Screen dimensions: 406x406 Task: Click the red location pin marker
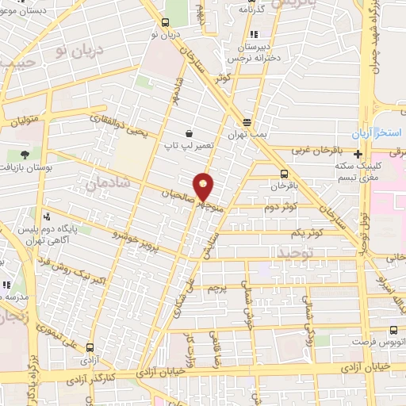205,186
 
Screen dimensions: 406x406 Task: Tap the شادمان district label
104,184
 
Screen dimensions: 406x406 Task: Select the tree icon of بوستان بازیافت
25,154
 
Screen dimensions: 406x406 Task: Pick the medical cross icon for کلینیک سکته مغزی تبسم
359,155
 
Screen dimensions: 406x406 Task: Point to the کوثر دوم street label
282,206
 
